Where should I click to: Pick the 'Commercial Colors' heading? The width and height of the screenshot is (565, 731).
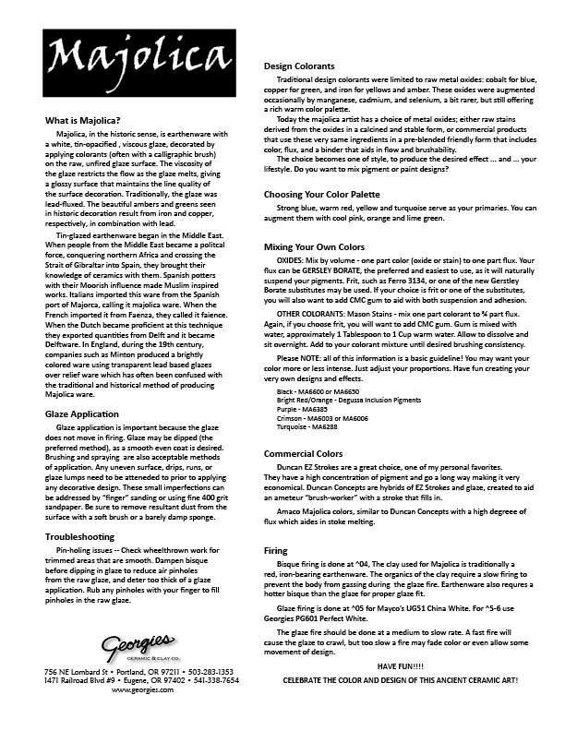pyautogui.click(x=304, y=455)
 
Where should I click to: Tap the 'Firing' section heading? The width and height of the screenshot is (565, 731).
pyautogui.click(x=276, y=549)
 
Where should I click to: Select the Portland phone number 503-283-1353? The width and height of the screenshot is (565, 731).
pyautogui.click(x=208, y=670)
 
